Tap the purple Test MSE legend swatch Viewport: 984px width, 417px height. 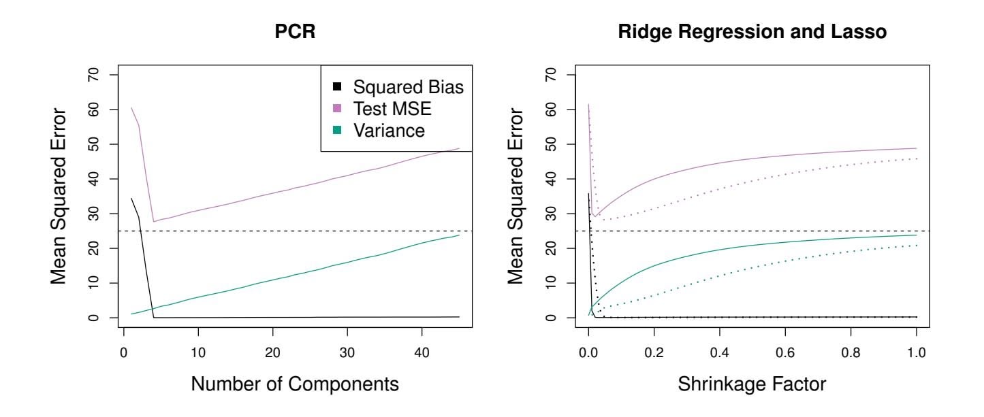click(336, 110)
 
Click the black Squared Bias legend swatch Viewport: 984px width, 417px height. click(336, 87)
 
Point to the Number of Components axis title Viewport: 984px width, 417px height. click(295, 384)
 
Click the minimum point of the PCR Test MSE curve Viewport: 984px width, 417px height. click(154, 222)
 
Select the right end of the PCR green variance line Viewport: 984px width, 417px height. click(459, 235)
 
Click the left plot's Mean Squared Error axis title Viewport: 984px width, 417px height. click(61, 196)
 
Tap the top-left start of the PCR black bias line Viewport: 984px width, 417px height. click(131, 199)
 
